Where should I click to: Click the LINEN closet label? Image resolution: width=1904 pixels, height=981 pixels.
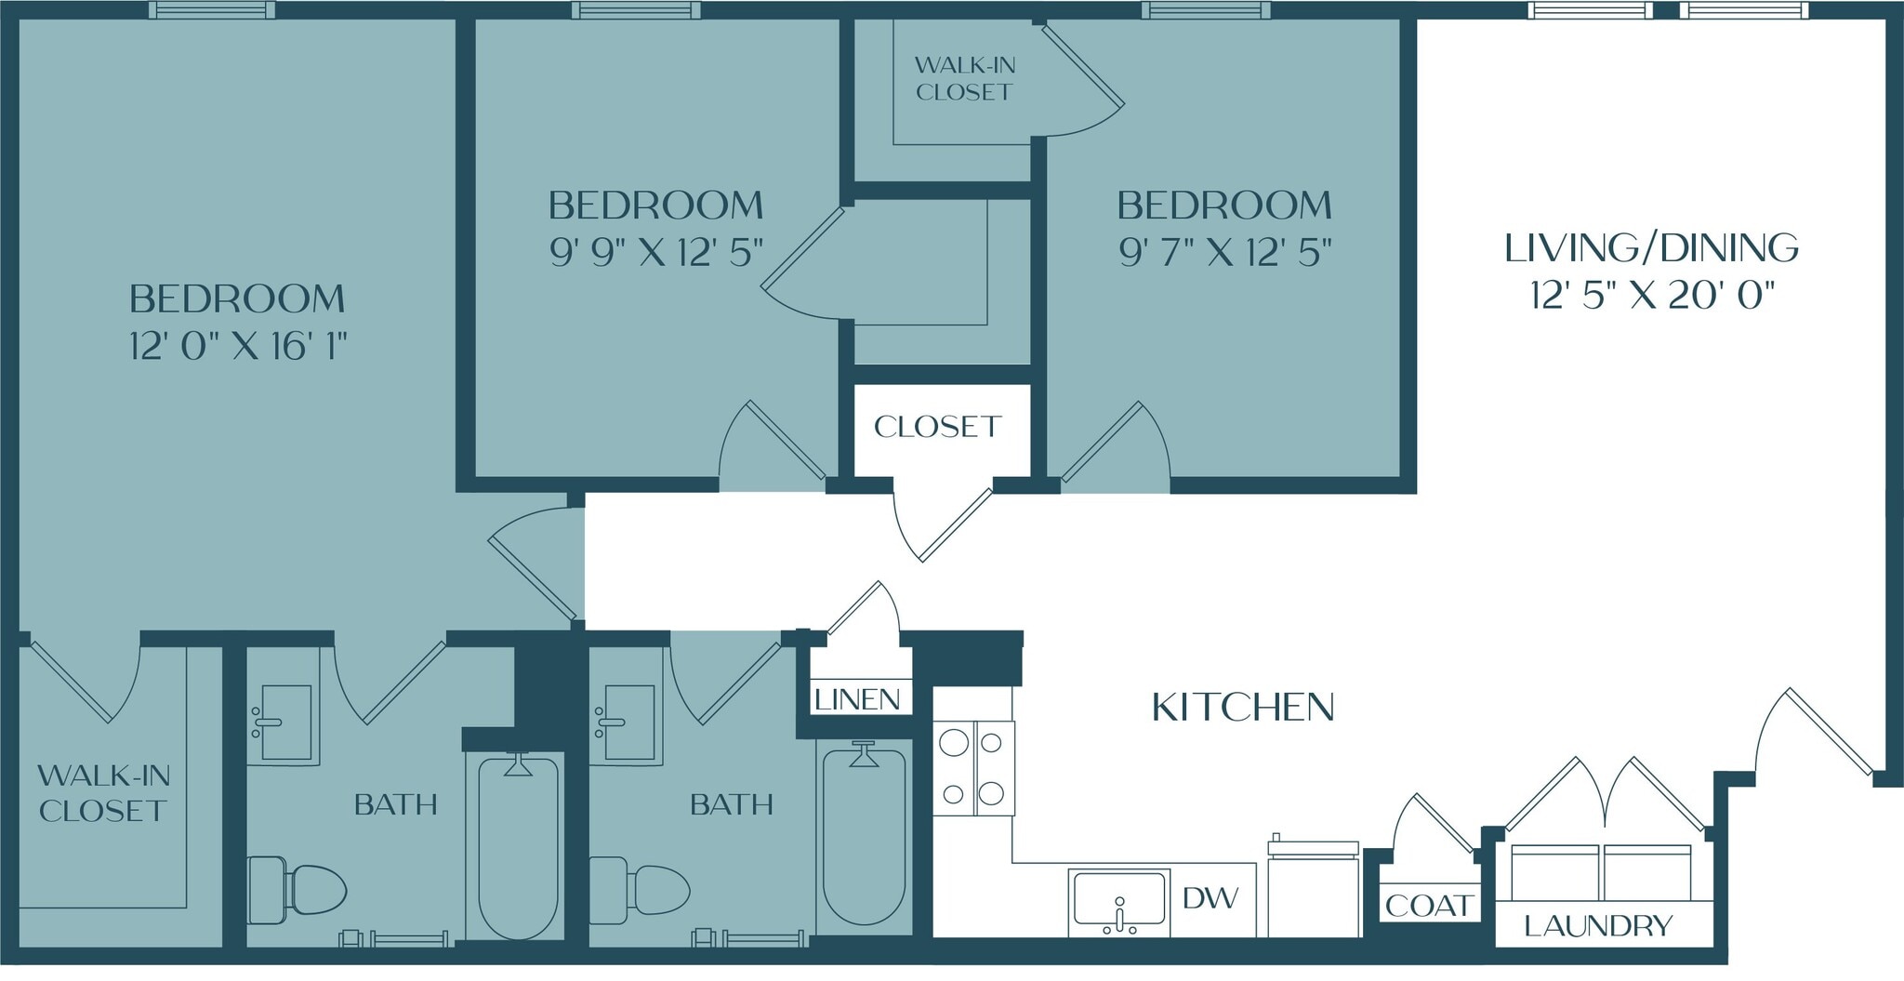(857, 699)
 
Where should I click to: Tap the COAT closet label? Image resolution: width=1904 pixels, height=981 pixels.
(1428, 905)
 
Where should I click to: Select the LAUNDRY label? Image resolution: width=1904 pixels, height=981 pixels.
(1598, 926)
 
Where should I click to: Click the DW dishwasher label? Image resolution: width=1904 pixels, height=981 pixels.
(1210, 897)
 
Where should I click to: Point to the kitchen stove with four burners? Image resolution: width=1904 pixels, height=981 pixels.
(973, 768)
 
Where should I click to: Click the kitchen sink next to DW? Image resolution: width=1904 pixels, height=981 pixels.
(1118, 901)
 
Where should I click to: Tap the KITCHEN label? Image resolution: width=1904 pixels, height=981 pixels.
(1243, 708)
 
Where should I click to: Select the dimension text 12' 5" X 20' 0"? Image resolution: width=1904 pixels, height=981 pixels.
(1651, 297)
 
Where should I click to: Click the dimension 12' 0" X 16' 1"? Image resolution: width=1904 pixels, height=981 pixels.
(238, 347)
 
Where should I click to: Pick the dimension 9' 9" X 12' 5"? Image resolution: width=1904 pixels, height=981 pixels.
(655, 252)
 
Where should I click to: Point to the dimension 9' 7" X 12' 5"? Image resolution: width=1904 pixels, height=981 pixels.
(1224, 252)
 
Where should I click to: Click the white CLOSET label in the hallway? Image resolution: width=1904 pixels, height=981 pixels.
(937, 427)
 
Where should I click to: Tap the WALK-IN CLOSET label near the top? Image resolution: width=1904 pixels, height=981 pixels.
(964, 78)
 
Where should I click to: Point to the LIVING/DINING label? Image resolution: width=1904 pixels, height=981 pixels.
(1651, 247)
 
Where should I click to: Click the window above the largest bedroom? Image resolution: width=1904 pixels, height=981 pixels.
(212, 10)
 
